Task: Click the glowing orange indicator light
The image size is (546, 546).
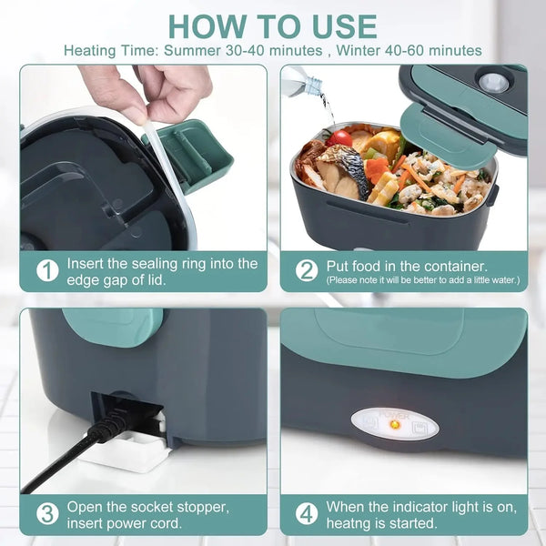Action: coord(394,423)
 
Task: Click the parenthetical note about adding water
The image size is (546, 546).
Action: coord(423,279)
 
